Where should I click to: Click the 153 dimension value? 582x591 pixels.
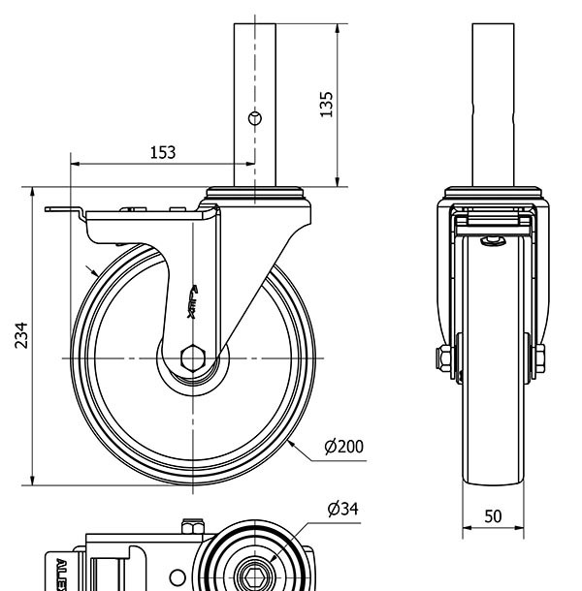point(162,152)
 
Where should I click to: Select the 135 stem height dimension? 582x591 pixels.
point(327,104)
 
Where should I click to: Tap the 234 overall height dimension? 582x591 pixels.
point(21,334)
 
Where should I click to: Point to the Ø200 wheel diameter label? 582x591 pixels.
point(345,447)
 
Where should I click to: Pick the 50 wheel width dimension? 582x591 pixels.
point(493,516)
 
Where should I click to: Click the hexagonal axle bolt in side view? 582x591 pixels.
point(192,359)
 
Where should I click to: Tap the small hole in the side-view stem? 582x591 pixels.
point(255,118)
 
